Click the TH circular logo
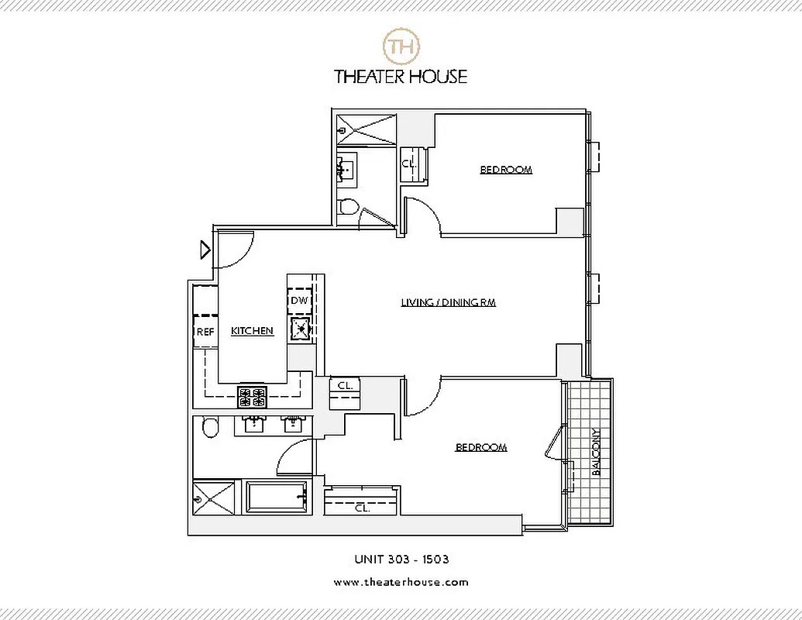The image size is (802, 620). pyautogui.click(x=401, y=46)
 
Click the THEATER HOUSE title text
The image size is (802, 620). pyautogui.click(x=401, y=76)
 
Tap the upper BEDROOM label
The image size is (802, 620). pyautogui.click(x=506, y=170)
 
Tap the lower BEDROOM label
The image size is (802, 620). pyautogui.click(x=480, y=447)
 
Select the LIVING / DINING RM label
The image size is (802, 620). pyautogui.click(x=448, y=302)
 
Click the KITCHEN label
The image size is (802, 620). pyautogui.click(x=252, y=331)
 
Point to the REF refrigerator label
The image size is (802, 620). pyautogui.click(x=205, y=332)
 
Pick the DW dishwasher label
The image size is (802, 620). pyautogui.click(x=299, y=301)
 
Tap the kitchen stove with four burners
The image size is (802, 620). pyautogui.click(x=253, y=397)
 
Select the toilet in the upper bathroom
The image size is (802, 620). pyautogui.click(x=349, y=206)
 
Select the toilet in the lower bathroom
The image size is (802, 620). pyautogui.click(x=209, y=427)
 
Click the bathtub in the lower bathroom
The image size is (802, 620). pyautogui.click(x=277, y=496)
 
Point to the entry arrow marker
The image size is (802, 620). pyautogui.click(x=205, y=250)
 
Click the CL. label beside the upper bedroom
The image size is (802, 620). pyautogui.click(x=410, y=164)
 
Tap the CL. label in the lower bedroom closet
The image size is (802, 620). pyautogui.click(x=361, y=509)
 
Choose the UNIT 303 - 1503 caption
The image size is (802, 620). pyautogui.click(x=401, y=559)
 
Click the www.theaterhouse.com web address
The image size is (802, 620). pyautogui.click(x=401, y=582)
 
